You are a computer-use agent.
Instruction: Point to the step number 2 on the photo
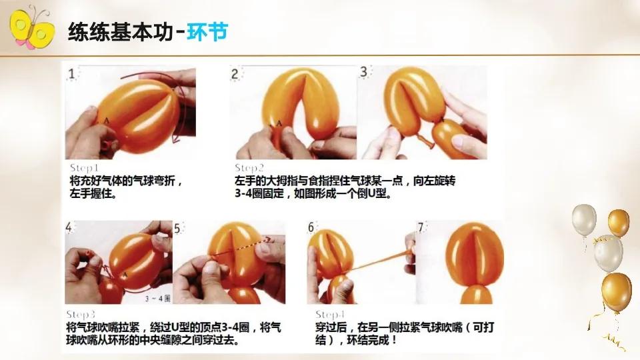click(235, 73)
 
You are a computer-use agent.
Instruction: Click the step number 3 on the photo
click(365, 71)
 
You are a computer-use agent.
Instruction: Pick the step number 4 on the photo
click(70, 228)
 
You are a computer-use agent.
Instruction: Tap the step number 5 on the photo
click(178, 229)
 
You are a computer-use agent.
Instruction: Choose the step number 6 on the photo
click(311, 227)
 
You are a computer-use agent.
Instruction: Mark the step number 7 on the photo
click(421, 227)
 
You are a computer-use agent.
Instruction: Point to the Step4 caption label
click(331, 314)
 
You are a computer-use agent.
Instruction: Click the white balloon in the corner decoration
click(584, 220)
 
